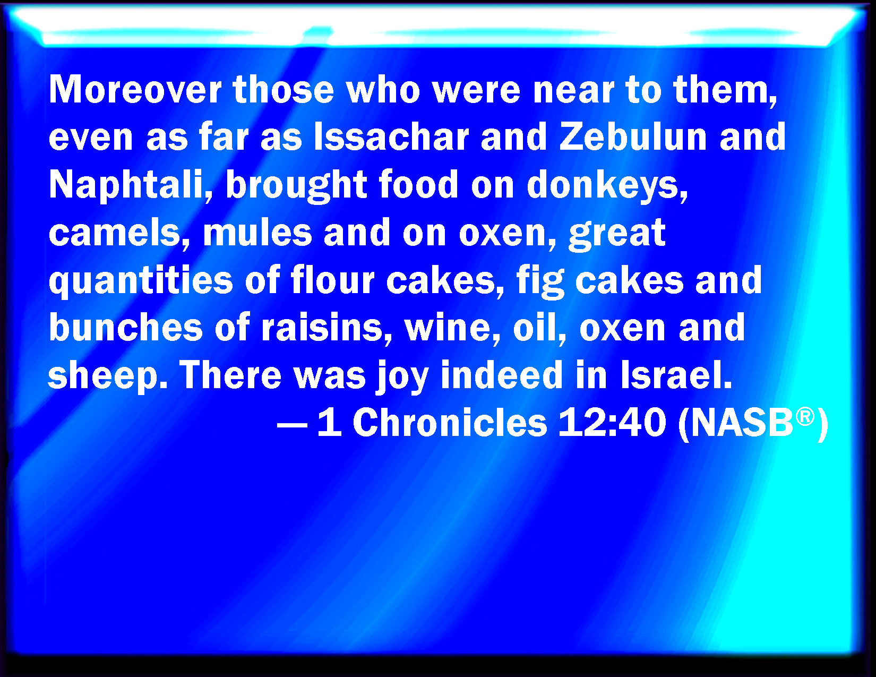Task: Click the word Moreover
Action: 135,90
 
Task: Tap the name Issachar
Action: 391,136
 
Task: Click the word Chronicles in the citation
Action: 450,422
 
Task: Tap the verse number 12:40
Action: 612,422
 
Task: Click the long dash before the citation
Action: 293,425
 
